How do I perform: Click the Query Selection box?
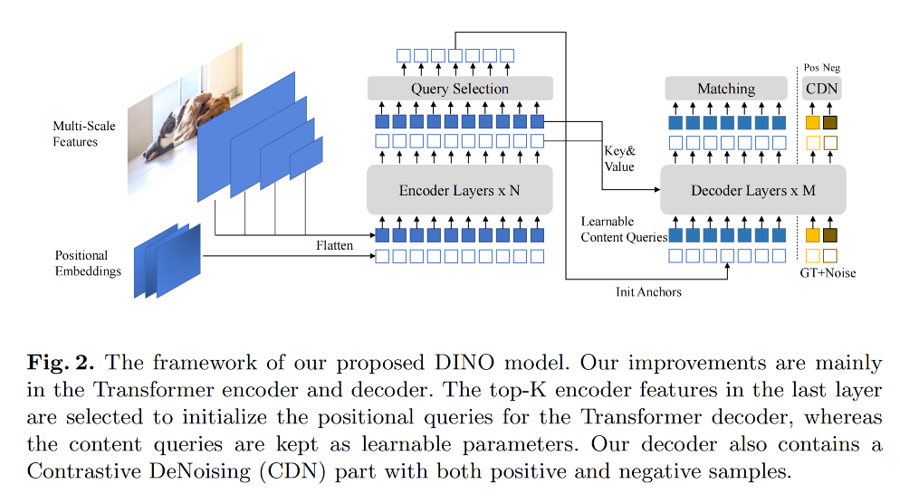coord(459,89)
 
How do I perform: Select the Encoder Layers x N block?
coord(459,191)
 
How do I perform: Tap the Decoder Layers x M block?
coord(753,191)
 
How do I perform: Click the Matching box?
coord(726,89)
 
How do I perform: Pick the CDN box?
coord(821,89)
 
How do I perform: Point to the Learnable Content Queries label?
coord(624,229)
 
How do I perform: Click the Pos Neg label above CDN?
coord(822,68)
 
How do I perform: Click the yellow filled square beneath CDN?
coord(812,122)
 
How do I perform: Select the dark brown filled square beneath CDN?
coord(830,122)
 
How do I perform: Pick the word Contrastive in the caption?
coord(72,470)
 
